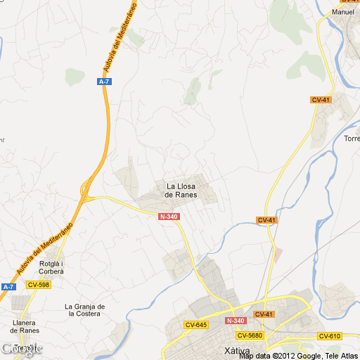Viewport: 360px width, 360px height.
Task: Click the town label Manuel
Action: (x=343, y=12)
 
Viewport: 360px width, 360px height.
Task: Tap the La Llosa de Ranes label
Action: (x=181, y=190)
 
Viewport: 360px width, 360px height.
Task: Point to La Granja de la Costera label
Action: (x=85, y=310)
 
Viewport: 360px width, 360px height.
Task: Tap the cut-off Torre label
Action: (x=352, y=139)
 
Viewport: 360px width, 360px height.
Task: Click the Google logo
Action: (x=21, y=349)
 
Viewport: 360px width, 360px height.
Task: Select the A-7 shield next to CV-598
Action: (x=8, y=286)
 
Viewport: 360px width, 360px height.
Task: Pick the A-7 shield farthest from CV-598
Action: (x=104, y=82)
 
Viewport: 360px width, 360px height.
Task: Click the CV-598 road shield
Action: (x=38, y=285)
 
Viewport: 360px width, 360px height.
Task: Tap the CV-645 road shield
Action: (x=195, y=324)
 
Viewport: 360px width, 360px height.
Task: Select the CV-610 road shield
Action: (x=329, y=335)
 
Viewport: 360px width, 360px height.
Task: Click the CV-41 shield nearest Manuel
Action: (x=320, y=100)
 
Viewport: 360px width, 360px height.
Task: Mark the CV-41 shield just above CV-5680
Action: (x=264, y=314)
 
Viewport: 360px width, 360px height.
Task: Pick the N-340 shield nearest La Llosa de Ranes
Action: (x=169, y=217)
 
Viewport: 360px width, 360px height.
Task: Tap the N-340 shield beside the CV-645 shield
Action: (x=235, y=321)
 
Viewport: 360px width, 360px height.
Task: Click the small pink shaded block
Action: (x=278, y=252)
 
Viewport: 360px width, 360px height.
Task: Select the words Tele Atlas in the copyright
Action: (x=340, y=356)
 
